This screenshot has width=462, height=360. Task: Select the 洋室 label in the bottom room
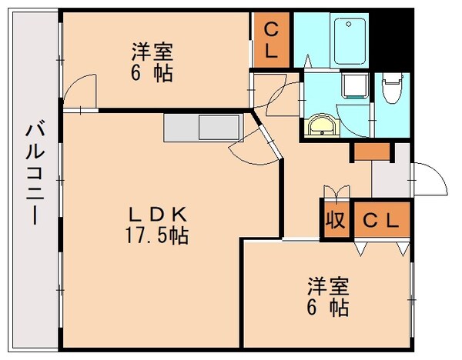[x=328, y=287]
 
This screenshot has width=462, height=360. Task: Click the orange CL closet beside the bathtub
[x=271, y=40]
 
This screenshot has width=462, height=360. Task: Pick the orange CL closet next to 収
[x=381, y=219]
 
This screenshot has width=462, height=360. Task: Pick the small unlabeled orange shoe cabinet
[x=372, y=152]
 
